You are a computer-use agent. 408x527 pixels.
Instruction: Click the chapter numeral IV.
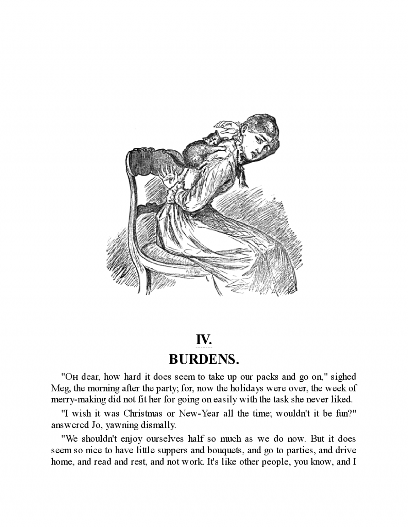[x=204, y=339]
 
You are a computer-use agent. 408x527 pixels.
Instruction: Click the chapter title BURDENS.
[x=204, y=359]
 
